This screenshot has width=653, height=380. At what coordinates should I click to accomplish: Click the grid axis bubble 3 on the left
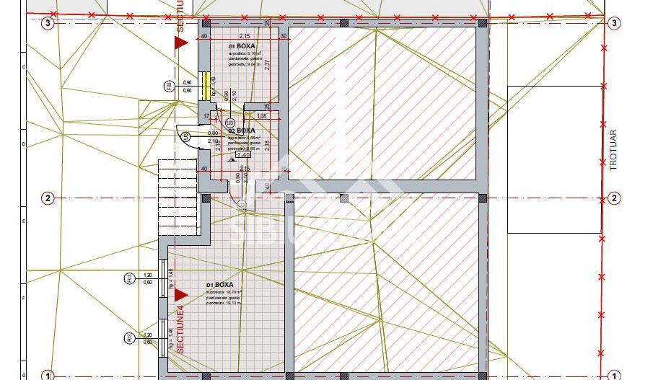pyautogui.click(x=48, y=23)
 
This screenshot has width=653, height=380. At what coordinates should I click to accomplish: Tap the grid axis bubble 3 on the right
pyautogui.click(x=614, y=23)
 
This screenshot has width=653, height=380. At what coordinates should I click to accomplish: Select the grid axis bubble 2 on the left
pyautogui.click(x=48, y=198)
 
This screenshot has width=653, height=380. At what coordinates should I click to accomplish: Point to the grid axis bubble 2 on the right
pyautogui.click(x=614, y=198)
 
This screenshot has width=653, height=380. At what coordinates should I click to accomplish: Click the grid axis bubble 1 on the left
pyautogui.click(x=48, y=375)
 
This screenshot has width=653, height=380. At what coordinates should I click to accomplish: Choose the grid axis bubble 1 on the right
pyautogui.click(x=614, y=375)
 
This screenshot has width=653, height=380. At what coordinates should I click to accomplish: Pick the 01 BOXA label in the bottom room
pyautogui.click(x=219, y=285)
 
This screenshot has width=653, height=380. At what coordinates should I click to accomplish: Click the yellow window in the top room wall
pyautogui.click(x=206, y=85)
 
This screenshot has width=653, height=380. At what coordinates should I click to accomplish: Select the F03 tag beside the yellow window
pyautogui.click(x=169, y=87)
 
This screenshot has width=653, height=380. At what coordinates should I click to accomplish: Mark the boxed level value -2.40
pyautogui.click(x=242, y=154)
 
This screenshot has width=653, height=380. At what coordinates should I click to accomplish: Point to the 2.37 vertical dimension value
pyautogui.click(x=267, y=64)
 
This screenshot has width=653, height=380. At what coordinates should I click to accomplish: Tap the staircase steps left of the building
pyautogui.click(x=167, y=187)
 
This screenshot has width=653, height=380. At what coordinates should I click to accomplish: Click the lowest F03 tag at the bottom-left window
pyautogui.click(x=128, y=337)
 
